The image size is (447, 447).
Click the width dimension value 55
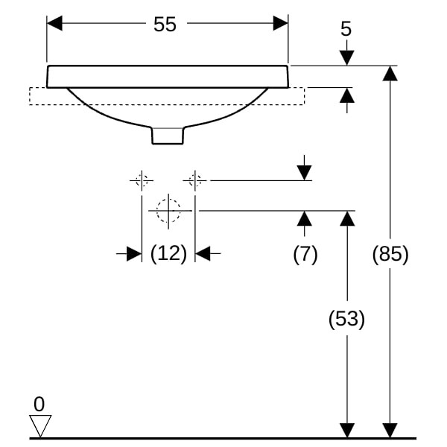165,24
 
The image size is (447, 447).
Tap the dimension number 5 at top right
346,29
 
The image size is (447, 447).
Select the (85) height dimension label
390,254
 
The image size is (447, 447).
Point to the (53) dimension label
346,320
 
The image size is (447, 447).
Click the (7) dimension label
305,254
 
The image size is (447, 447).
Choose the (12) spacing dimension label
168,254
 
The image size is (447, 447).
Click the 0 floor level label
39,404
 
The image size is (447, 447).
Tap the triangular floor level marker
39,425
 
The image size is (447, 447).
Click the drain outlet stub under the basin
168,135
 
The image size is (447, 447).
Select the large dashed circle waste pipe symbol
169,211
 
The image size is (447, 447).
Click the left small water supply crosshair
142,180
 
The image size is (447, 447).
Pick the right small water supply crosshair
195,180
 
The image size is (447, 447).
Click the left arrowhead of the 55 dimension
54,23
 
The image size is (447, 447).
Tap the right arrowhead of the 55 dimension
281,23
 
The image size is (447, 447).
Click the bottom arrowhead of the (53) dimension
346,431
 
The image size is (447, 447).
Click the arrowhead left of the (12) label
134,254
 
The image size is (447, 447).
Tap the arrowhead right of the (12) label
203,254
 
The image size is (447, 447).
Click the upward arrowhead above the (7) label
304,218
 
